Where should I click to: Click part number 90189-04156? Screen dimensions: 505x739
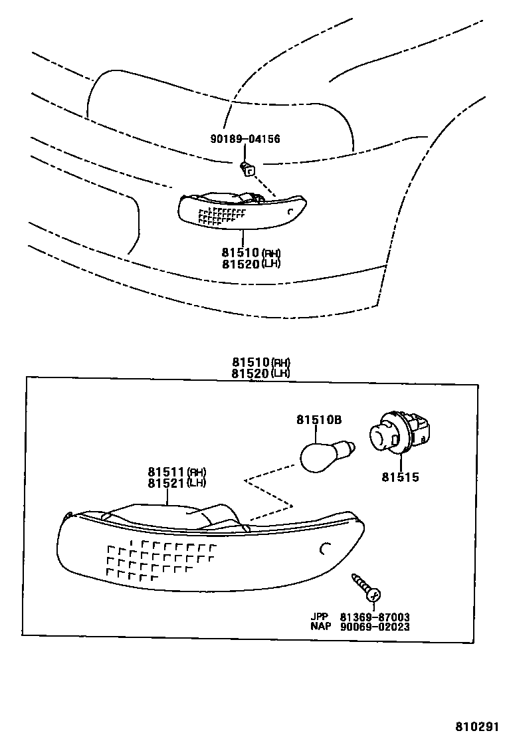click(245, 139)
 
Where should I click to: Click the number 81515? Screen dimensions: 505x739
click(400, 477)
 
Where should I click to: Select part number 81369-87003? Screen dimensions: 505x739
click(374, 617)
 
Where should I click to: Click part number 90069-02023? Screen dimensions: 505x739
click(374, 627)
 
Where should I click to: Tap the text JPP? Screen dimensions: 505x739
click(319, 617)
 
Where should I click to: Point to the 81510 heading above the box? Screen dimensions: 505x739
click(251, 362)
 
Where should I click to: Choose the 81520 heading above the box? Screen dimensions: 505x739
click(251, 373)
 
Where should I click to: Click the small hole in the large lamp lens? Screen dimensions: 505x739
click(325, 549)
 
